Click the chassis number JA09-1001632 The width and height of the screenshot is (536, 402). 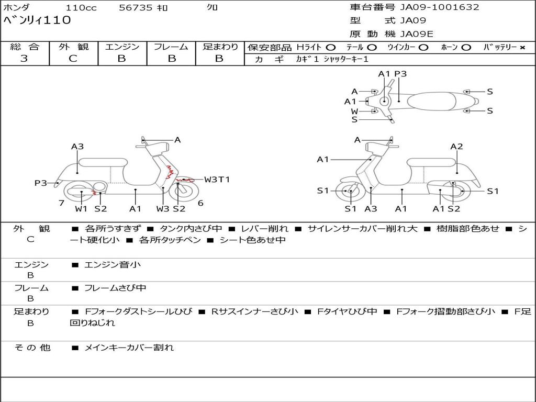(x=440, y=7)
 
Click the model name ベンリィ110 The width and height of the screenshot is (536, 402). (x=37, y=21)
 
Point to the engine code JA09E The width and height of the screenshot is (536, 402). (x=417, y=34)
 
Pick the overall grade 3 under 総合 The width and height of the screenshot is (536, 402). (x=24, y=59)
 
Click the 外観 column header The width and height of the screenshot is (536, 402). (x=73, y=47)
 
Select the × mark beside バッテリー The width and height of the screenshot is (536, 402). (x=522, y=48)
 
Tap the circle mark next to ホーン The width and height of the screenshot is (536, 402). (x=466, y=48)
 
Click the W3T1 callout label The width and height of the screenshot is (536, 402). (x=217, y=180)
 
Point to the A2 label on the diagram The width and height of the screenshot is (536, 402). (x=456, y=147)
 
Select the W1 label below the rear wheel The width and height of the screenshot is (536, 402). (x=81, y=209)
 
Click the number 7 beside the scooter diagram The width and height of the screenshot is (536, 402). (x=61, y=203)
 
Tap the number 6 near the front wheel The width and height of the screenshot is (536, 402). (x=200, y=203)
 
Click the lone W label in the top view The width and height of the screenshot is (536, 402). (x=354, y=111)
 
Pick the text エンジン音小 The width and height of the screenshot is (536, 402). (x=112, y=265)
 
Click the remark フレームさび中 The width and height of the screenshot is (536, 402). (x=115, y=288)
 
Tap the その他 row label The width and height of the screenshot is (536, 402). (x=32, y=348)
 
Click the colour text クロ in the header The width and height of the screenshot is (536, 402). (x=212, y=8)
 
